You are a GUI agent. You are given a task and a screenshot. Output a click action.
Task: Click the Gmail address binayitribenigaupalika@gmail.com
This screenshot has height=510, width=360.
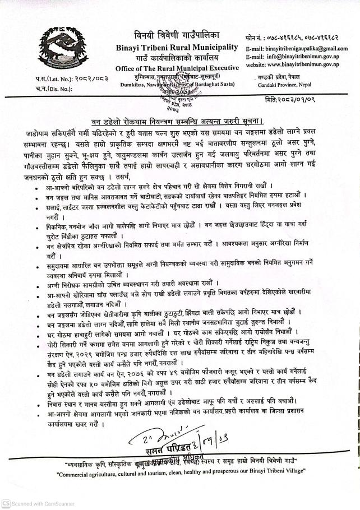tap(301, 49)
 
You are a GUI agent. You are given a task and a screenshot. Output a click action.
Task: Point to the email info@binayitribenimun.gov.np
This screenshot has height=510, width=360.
tap(297, 57)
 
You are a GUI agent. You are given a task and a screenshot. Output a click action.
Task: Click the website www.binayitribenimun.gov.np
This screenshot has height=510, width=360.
tap(296, 64)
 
